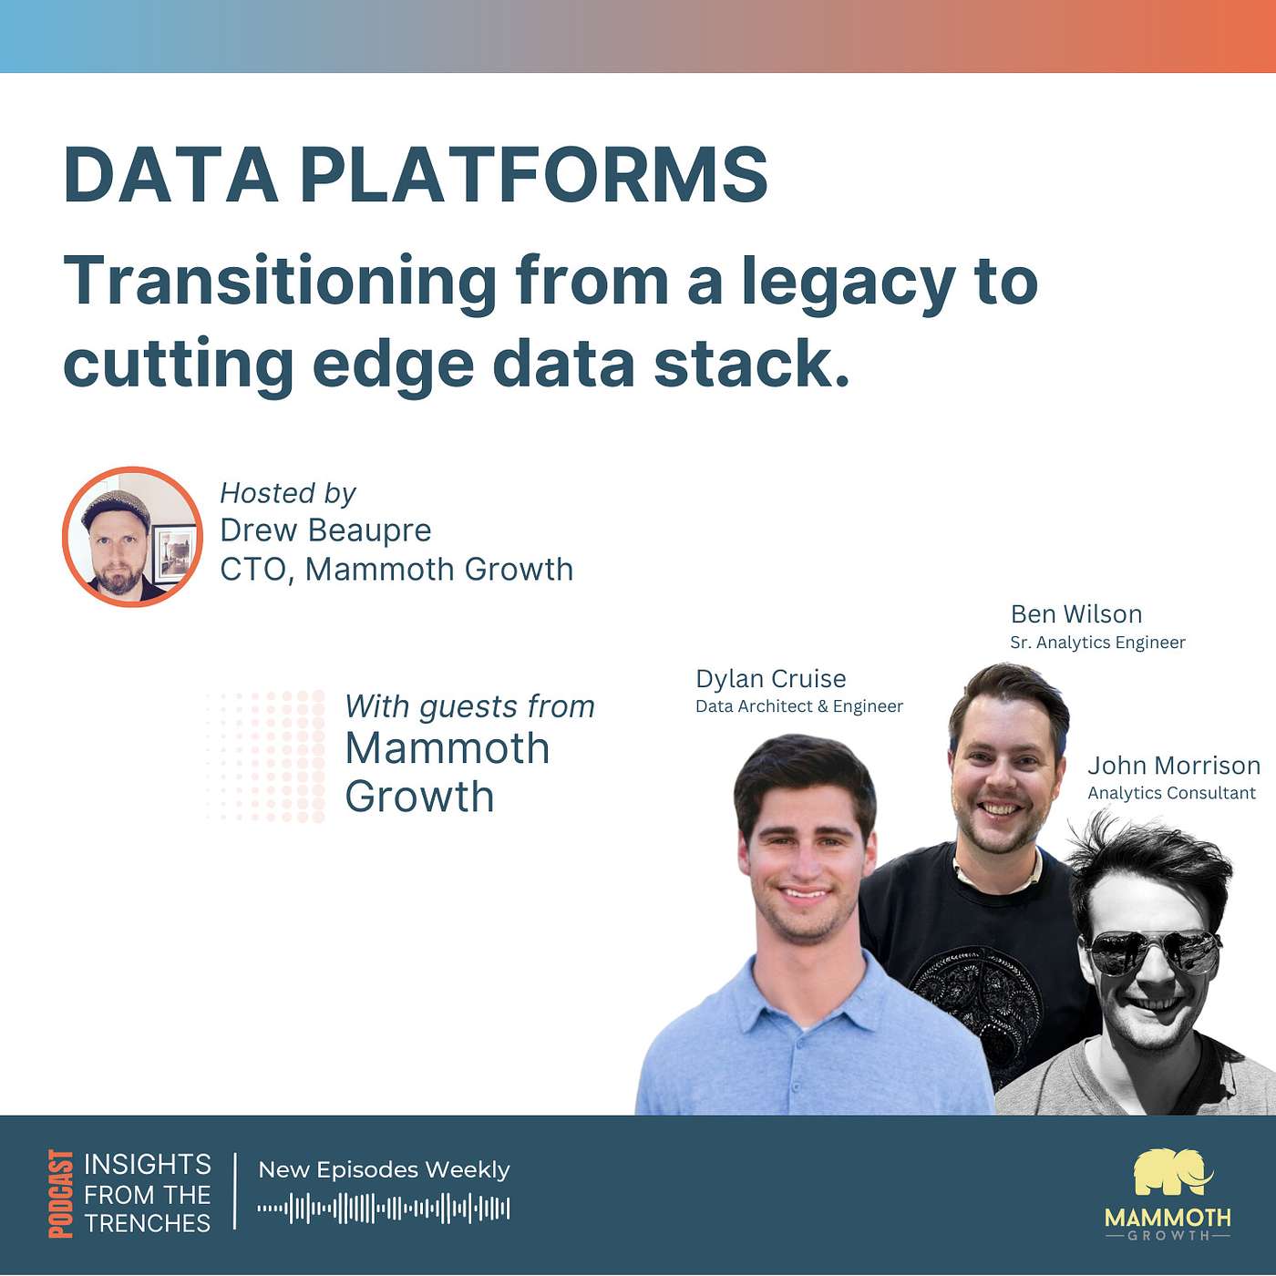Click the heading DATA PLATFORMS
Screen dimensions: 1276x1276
pyautogui.click(x=416, y=175)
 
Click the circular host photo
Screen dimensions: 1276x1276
pyautogui.click(x=132, y=536)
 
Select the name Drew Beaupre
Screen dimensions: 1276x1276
pyautogui.click(x=325, y=530)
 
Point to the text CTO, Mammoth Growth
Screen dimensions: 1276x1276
pyautogui.click(x=396, y=570)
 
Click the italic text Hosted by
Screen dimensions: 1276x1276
pyautogui.click(x=287, y=493)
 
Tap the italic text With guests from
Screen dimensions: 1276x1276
pyautogui.click(x=469, y=706)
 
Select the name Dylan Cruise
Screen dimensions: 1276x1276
pyautogui.click(x=770, y=679)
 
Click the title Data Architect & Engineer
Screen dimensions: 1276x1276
pyautogui.click(x=798, y=706)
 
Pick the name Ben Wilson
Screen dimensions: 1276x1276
pyautogui.click(x=1076, y=614)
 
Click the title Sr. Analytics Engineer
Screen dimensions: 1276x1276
pyautogui.click(x=1097, y=643)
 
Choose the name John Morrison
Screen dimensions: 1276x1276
pyautogui.click(x=1173, y=766)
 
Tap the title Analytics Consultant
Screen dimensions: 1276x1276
pyautogui.click(x=1171, y=793)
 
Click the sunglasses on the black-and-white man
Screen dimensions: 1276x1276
pyautogui.click(x=1154, y=952)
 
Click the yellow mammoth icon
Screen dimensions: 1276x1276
pyautogui.click(x=1173, y=1173)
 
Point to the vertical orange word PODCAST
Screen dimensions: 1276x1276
pyautogui.click(x=60, y=1193)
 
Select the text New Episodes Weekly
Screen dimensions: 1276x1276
pyautogui.click(x=384, y=1170)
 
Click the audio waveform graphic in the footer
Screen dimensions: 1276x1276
pyautogui.click(x=384, y=1209)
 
